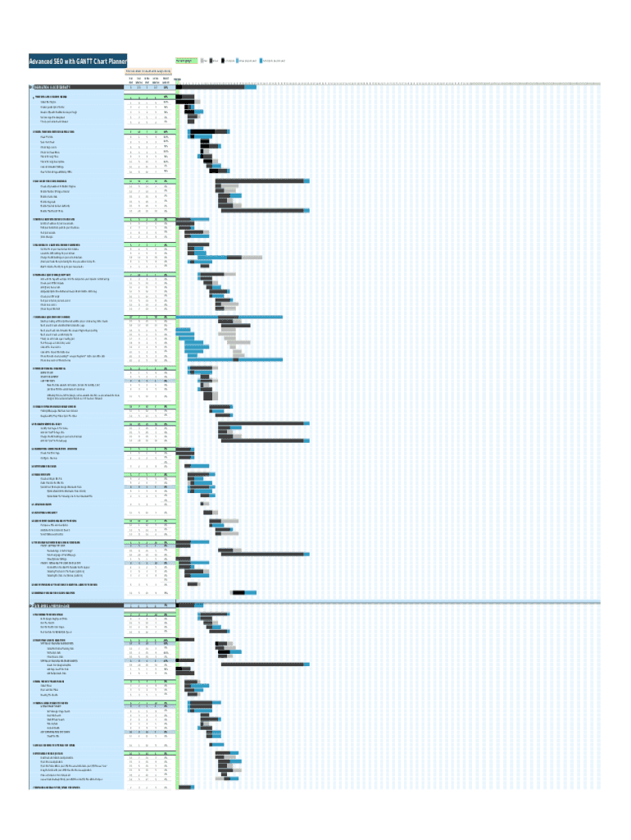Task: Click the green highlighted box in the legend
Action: [x=187, y=61]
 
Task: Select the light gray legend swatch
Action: [x=202, y=61]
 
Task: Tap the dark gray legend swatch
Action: [x=211, y=61]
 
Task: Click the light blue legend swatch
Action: [x=238, y=61]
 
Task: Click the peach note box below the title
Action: [x=147, y=70]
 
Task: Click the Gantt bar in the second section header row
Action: [x=189, y=605]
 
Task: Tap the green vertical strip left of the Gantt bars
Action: [x=176, y=410]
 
